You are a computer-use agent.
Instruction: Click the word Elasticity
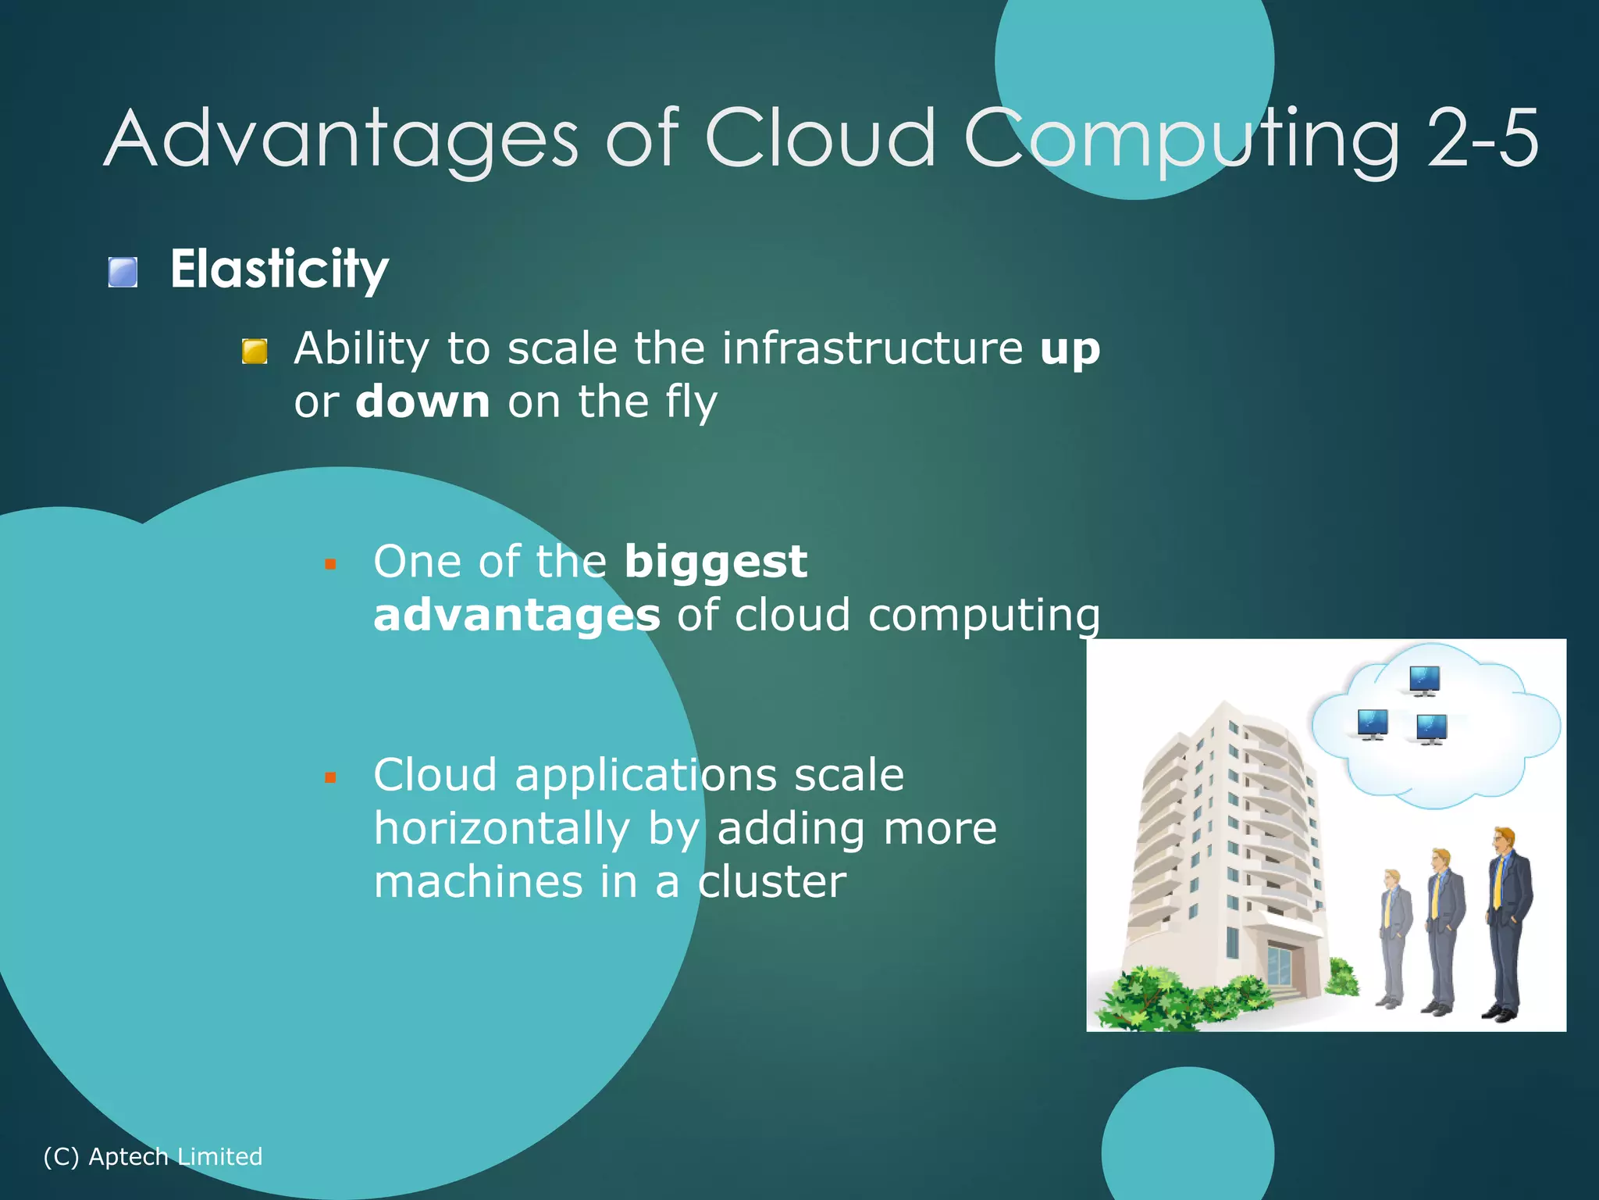click(279, 270)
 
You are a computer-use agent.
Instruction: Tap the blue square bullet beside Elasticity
click(123, 273)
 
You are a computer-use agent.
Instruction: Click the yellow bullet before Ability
click(255, 352)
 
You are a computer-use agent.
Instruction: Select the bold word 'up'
click(1070, 349)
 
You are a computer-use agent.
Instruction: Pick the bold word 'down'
click(422, 402)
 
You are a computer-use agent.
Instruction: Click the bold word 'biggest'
click(715, 562)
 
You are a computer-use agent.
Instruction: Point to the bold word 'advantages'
click(516, 616)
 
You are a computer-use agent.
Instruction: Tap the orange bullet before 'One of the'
click(330, 564)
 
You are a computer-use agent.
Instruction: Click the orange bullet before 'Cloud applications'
click(330, 777)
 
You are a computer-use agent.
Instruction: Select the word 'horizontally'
click(501, 829)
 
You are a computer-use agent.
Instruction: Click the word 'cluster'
click(771, 882)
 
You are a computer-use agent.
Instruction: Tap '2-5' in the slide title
click(1483, 139)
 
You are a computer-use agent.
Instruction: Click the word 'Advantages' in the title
click(341, 139)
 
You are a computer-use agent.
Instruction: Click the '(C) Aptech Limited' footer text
click(153, 1156)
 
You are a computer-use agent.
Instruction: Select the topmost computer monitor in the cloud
click(1424, 680)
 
